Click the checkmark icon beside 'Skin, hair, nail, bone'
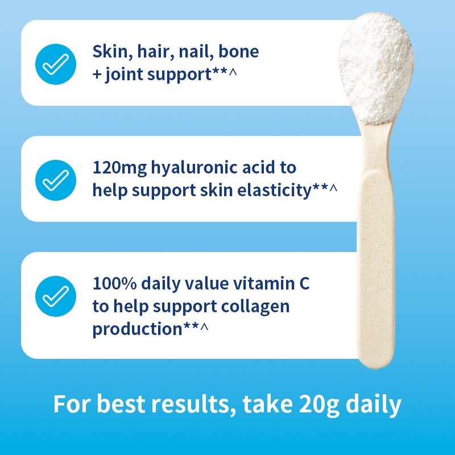[x=55, y=64]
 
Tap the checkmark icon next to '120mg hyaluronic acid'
[x=55, y=179]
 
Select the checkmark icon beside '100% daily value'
[x=55, y=296]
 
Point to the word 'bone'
[x=239, y=52]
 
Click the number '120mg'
[x=118, y=168]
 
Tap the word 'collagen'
[x=257, y=306]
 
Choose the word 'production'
[x=137, y=329]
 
